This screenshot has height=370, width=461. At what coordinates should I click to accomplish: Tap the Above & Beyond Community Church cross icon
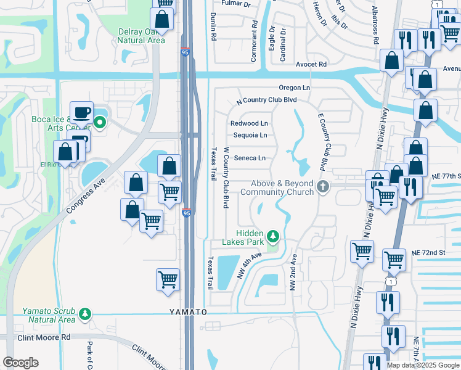click(321, 187)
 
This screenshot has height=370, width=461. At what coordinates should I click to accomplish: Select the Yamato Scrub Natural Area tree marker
click(85, 314)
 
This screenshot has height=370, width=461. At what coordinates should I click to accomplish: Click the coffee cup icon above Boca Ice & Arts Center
click(81, 113)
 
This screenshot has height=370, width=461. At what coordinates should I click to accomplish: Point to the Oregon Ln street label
click(294, 88)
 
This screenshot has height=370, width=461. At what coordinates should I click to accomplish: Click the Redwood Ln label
click(249, 123)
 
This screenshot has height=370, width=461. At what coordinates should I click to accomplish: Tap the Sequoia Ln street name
click(249, 135)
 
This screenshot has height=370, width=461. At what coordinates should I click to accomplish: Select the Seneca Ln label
click(250, 158)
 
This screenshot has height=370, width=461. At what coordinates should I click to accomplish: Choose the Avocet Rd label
click(311, 64)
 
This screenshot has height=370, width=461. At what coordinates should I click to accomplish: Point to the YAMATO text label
click(189, 313)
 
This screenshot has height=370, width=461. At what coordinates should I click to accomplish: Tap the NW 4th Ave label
click(249, 265)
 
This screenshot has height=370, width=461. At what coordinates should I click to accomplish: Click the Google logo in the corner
click(21, 363)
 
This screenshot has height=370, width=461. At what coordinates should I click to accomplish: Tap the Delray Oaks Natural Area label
click(142, 36)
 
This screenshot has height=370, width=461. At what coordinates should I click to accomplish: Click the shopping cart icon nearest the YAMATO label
click(168, 280)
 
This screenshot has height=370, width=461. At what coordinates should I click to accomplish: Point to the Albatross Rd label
click(375, 25)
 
